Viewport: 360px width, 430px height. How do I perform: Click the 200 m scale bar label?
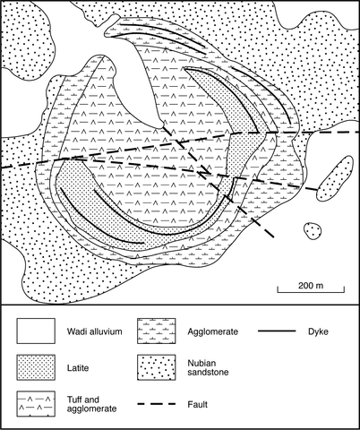pos(311,286)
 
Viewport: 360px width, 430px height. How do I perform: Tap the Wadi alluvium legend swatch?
pos(36,331)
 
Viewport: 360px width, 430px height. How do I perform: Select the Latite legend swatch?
pos(36,367)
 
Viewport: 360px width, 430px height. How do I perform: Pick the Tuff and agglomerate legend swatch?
pos(36,404)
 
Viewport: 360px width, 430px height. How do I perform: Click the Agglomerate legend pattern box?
pos(157,331)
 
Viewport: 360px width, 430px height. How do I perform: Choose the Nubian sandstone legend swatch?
pos(157,367)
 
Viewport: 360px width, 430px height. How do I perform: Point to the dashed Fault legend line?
pos(157,404)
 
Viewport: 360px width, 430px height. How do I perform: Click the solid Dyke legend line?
pos(277,331)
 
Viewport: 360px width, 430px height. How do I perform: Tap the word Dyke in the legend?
pos(318,331)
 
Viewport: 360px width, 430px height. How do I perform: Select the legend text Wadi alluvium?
pos(95,331)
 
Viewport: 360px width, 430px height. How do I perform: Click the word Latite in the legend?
pos(78,367)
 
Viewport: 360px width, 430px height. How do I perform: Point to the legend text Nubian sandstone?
pos(208,367)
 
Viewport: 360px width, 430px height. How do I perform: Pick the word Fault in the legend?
pos(198,405)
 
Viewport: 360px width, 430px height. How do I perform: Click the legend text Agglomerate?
pos(213,331)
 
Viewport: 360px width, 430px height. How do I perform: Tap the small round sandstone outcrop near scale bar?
pos(313,231)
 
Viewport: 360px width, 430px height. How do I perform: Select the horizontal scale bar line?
pos(311,292)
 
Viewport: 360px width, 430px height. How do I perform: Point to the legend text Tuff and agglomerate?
pos(91,404)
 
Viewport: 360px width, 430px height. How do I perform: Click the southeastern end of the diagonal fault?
pos(273,237)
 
